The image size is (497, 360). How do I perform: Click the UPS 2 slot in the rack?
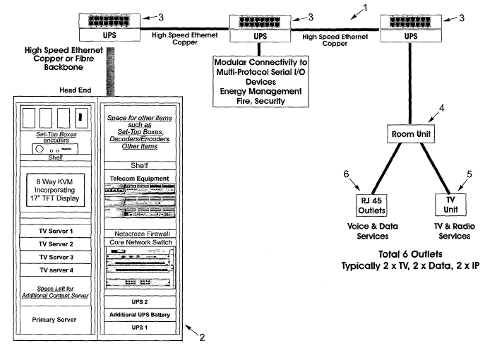pos(138,302)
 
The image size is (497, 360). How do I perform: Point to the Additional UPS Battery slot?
pos(138,315)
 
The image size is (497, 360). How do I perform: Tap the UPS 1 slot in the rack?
pos(138,328)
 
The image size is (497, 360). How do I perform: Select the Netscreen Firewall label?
pos(138,233)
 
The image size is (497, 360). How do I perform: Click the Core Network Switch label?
pos(138,242)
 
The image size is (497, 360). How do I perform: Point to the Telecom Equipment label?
pos(138,179)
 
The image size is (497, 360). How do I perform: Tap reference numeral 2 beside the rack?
pos(201,337)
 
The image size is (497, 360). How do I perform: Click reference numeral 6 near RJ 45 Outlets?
pos(347,173)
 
